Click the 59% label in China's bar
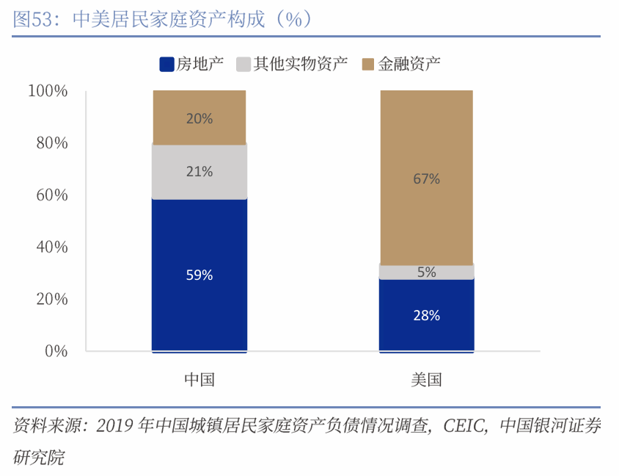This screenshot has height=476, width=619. pos(199,275)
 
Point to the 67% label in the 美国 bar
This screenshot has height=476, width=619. pos(426,178)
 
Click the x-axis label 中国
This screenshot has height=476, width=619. pos(199,380)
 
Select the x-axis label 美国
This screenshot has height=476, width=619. pos(426,380)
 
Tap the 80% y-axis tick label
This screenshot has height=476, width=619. pos(51,143)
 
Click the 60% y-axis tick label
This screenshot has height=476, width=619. pos(51,195)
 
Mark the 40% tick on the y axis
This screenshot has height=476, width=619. pos(51,248)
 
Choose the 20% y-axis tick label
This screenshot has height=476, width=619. pos(51,300)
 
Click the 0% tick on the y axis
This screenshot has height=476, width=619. pos(56,352)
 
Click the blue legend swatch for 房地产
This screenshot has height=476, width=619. pos(166,64)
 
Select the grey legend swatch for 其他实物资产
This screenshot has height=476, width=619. pos(243,64)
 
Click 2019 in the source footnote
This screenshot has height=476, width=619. pos(113,427)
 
